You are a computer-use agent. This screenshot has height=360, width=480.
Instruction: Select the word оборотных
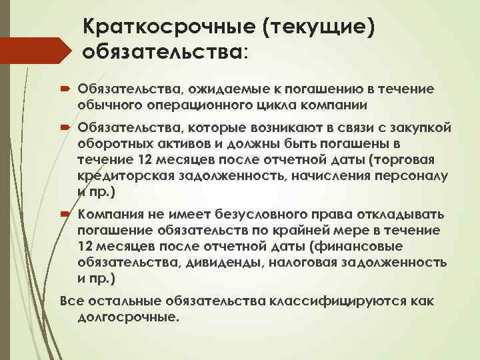114,143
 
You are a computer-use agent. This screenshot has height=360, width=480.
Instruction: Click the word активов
182,143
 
